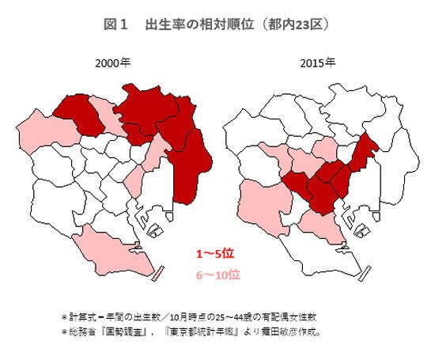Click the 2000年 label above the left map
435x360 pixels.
coord(112,63)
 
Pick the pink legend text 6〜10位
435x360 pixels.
coord(217,275)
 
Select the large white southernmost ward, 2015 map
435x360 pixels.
coord(316,253)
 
